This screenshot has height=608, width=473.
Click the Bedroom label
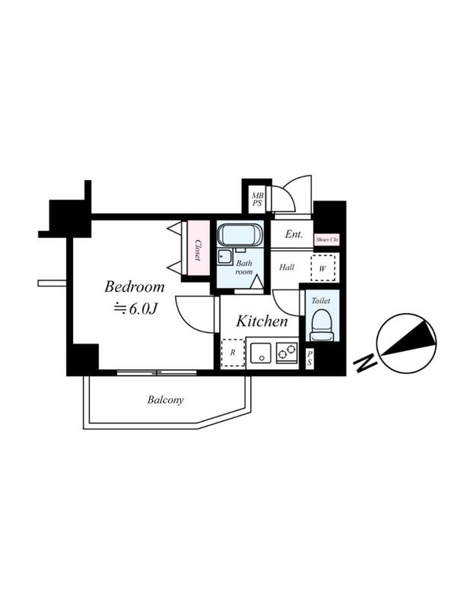(135, 287)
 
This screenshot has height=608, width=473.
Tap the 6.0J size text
(135, 309)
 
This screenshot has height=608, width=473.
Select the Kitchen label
(262, 321)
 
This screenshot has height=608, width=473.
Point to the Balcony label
(165, 400)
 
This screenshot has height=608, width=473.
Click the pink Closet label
(198, 250)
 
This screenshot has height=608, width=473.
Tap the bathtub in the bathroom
(240, 235)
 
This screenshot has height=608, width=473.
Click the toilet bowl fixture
(322, 325)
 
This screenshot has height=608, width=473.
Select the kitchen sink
(260, 353)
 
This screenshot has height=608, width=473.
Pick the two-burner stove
(287, 352)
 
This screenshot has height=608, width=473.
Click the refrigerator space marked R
(233, 353)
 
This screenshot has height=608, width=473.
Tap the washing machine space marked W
(322, 268)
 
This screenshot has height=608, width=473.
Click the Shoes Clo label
(327, 239)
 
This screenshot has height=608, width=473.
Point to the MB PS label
(257, 200)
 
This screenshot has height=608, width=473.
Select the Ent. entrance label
(294, 234)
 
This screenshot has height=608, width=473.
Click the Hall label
(287, 268)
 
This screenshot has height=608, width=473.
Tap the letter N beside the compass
(365, 363)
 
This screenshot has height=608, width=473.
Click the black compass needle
(408, 338)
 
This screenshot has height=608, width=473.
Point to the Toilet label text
(321, 300)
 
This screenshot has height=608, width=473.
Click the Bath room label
(244, 268)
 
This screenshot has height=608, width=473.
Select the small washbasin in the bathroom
(224, 257)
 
